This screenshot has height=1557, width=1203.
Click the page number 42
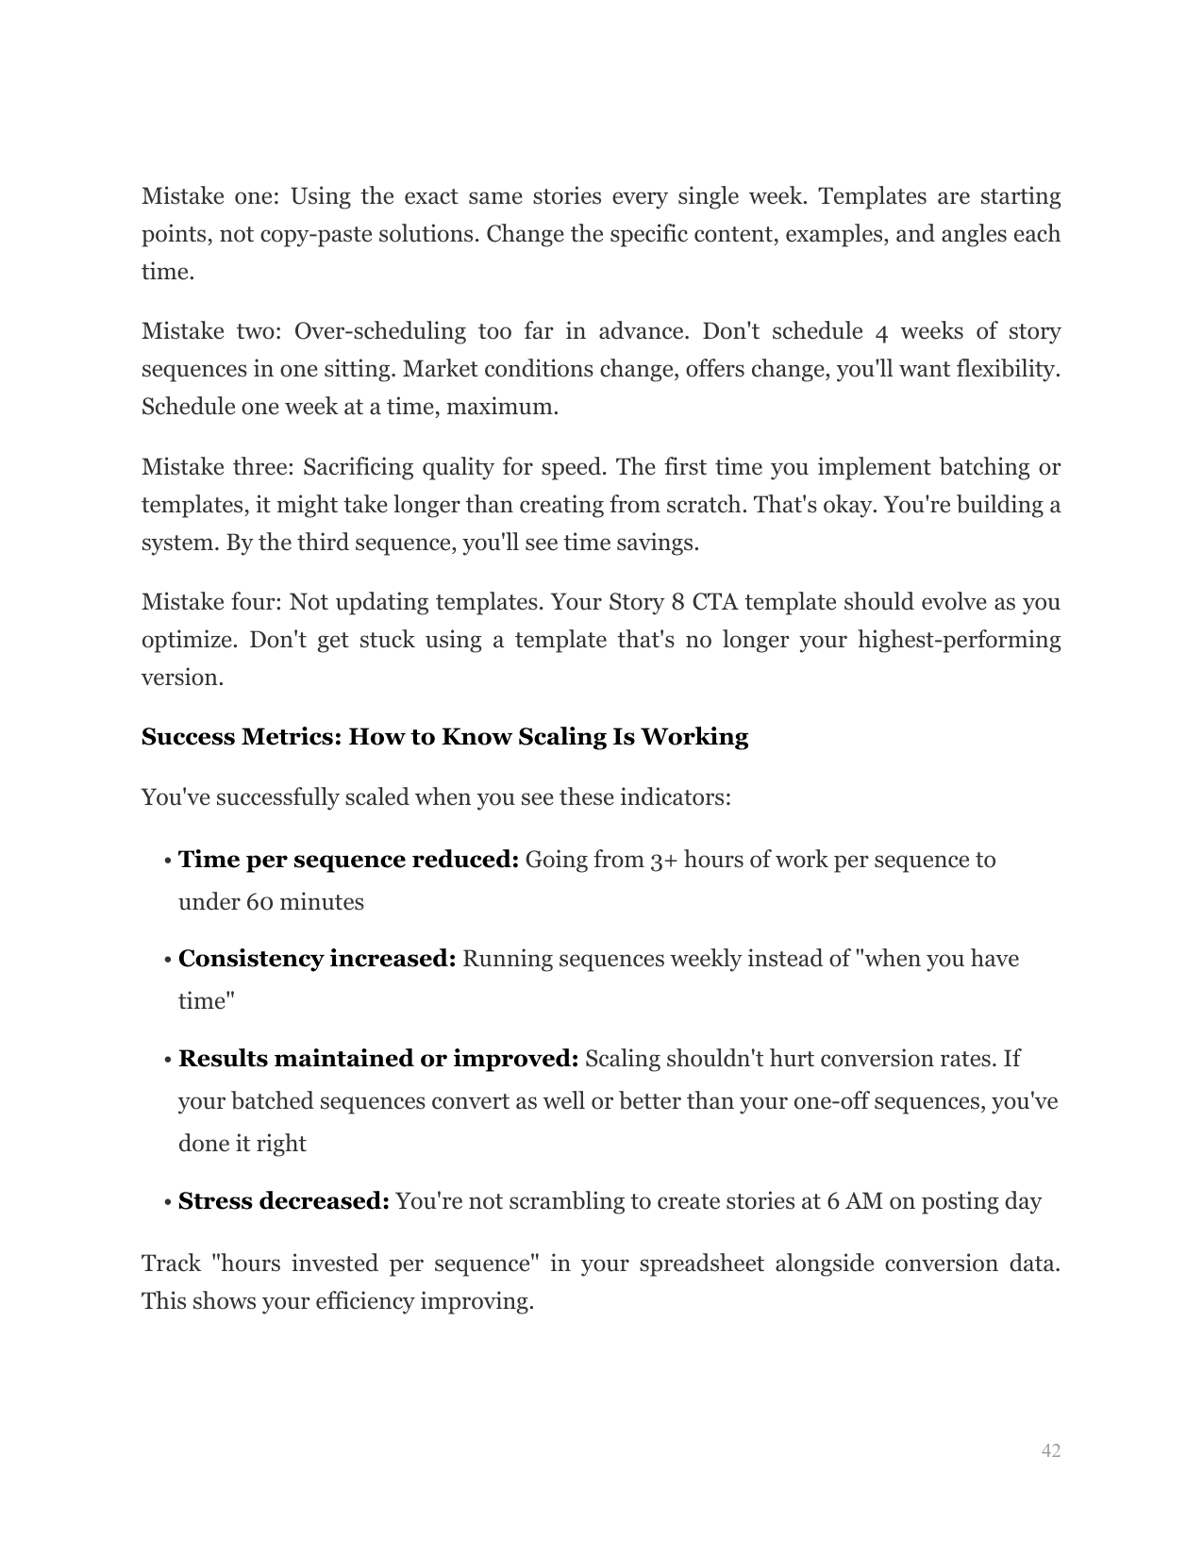(1050, 1450)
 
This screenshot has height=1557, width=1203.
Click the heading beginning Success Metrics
(444, 737)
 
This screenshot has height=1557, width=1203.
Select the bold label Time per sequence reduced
(348, 860)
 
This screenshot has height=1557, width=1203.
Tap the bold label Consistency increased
(317, 959)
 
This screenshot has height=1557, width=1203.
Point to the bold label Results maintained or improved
(378, 1059)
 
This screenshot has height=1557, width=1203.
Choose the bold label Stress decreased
(284, 1201)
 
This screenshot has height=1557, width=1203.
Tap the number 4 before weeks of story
(881, 331)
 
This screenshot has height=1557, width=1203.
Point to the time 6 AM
(848, 1201)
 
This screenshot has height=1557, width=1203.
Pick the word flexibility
(1008, 369)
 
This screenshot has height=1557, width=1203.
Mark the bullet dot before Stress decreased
(167, 1202)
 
